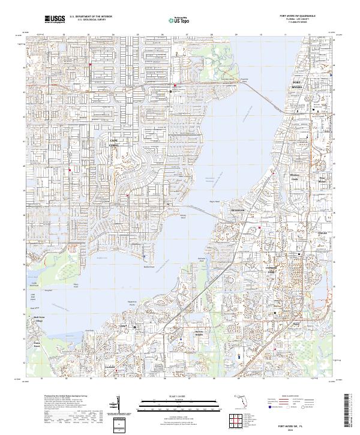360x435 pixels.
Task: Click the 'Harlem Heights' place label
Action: click(200, 332)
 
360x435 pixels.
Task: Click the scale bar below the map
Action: click(166, 400)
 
